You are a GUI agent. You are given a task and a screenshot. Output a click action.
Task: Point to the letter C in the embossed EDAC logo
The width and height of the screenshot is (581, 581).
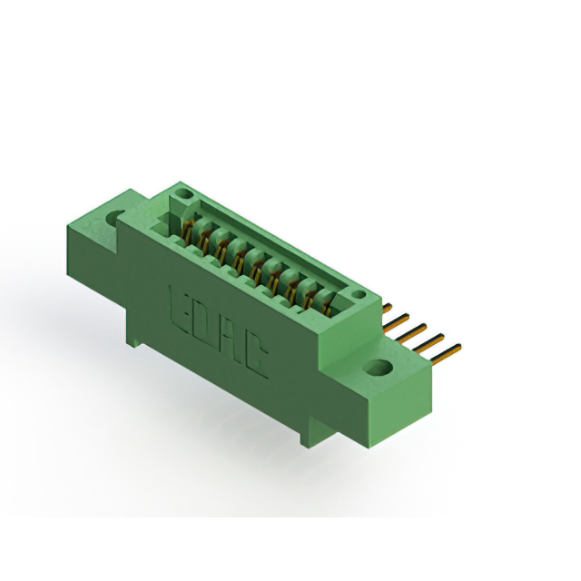point(256,359)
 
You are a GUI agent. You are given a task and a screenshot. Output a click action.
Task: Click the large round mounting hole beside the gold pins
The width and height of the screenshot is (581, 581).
point(378,367)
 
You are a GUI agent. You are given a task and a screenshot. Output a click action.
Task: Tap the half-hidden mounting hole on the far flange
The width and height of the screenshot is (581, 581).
point(115,219)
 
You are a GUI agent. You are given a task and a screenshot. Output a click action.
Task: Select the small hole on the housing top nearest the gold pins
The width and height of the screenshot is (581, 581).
point(359,294)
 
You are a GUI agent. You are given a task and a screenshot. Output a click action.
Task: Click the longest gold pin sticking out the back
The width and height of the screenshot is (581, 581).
point(447,354)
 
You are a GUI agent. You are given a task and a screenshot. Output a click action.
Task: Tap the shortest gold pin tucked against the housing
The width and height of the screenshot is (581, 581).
point(387,309)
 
